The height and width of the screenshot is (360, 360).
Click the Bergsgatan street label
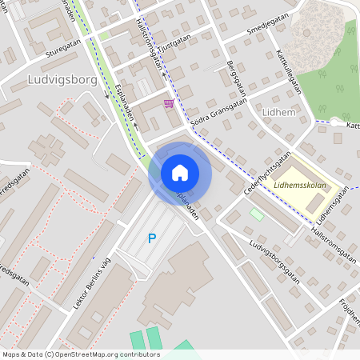234,75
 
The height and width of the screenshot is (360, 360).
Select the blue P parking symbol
152,238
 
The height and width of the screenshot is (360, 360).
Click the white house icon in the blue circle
180,172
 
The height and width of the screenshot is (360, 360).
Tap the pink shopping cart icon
168,103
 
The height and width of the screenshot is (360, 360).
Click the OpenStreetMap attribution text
80,354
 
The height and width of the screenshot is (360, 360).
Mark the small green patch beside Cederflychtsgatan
257,214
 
